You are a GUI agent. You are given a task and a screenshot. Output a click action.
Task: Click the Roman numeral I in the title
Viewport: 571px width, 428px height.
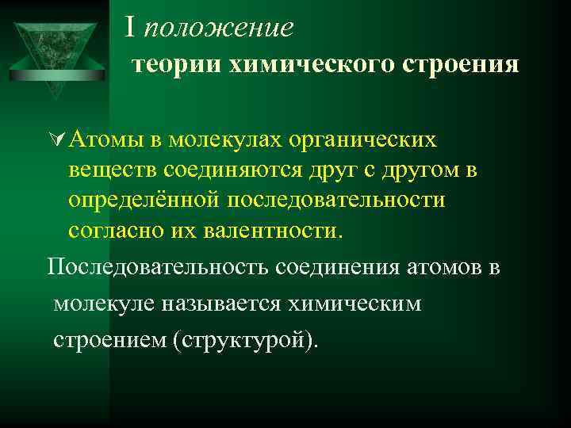pyautogui.click(x=131, y=28)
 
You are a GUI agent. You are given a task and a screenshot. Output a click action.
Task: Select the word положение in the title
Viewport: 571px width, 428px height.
pyautogui.click(x=219, y=29)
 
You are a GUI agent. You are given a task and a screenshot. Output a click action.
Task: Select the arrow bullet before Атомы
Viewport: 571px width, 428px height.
pyautogui.click(x=56, y=141)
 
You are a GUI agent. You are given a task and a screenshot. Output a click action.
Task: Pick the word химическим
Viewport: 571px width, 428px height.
pyautogui.click(x=364, y=304)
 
